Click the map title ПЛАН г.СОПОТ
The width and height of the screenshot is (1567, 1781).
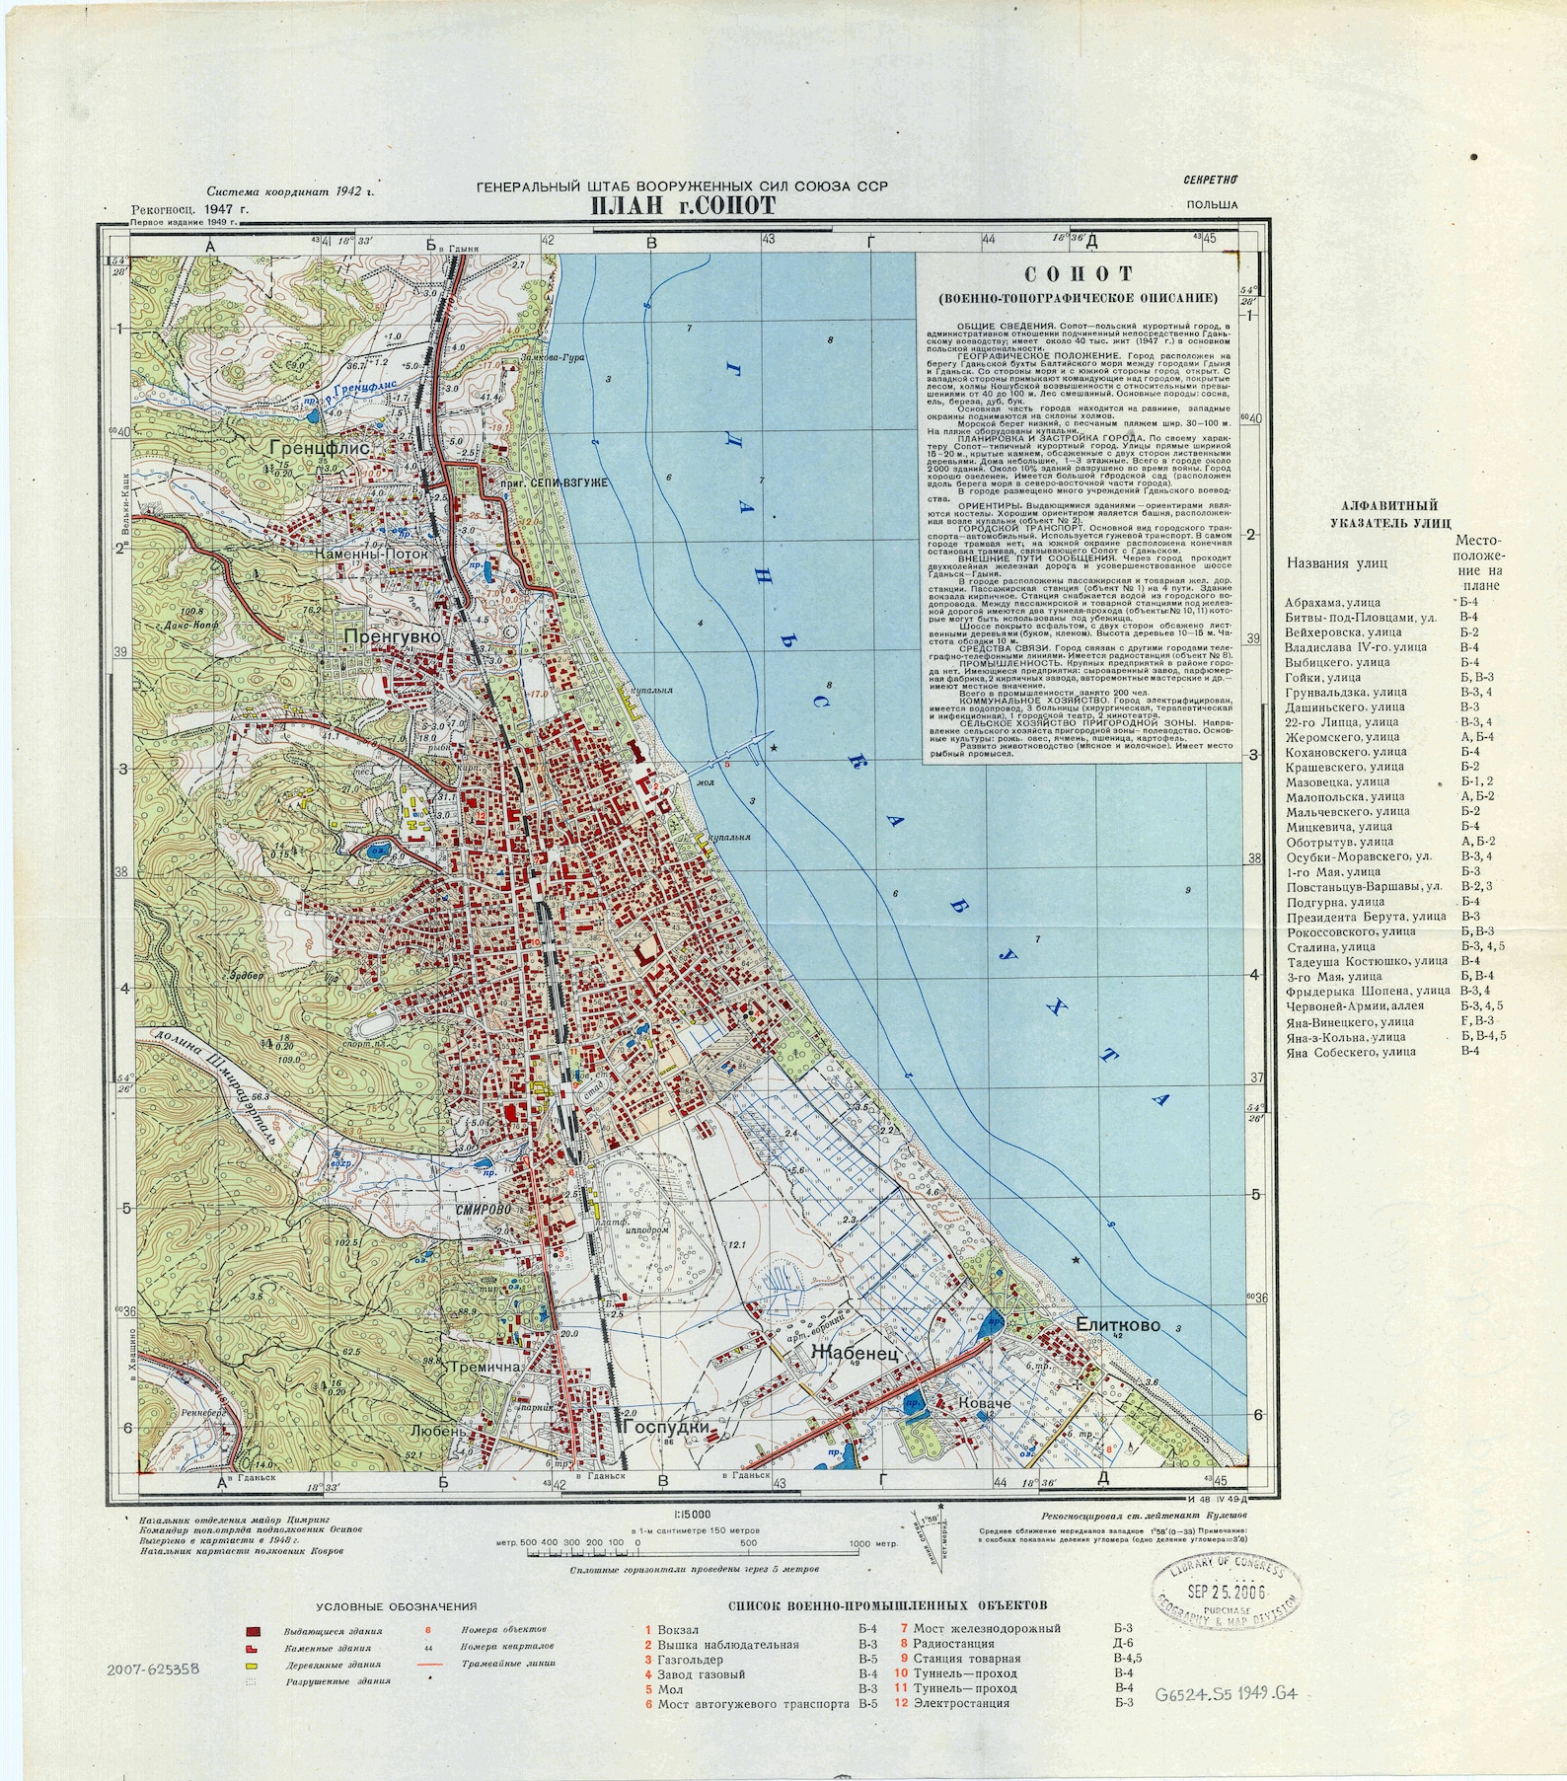683,205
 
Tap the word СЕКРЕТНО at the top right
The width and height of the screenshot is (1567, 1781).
1211,180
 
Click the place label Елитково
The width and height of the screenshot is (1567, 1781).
1118,1324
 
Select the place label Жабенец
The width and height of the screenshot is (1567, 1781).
854,1355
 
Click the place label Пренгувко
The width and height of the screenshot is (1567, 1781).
392,638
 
